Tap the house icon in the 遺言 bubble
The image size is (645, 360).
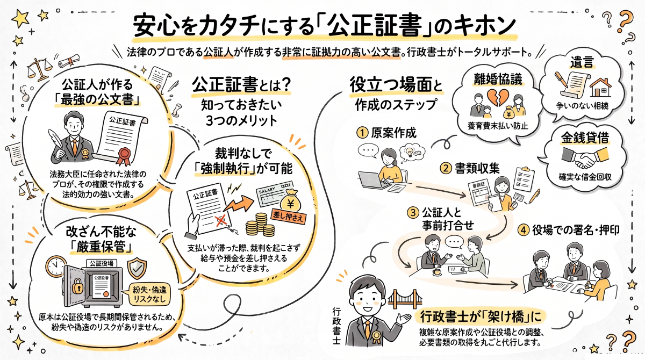pos(600,87)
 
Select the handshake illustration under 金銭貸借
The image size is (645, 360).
pos(585,157)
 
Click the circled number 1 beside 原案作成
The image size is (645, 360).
pos(362,133)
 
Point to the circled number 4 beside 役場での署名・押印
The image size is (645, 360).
pos(524,230)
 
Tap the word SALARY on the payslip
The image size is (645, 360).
pos(267,190)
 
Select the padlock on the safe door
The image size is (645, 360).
pos(77,286)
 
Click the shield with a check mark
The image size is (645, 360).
pos(137,269)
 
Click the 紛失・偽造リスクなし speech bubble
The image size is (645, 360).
pos(148,294)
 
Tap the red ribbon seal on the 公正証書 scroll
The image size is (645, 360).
pos(124,156)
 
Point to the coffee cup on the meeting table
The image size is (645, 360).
pos(437,272)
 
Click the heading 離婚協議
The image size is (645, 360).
pos(498,79)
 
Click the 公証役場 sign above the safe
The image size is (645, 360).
pos(102,263)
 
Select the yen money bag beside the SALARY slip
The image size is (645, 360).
pos(290,200)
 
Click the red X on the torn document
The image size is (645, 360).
pos(221,221)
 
